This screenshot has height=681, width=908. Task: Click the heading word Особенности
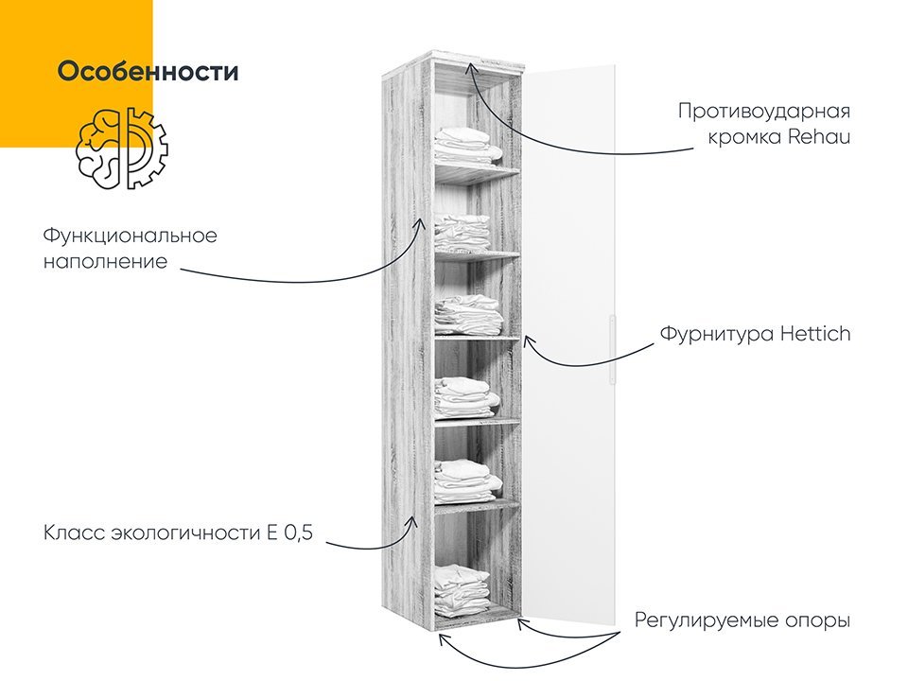pos(148,71)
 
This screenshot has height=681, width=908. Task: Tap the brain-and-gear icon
pos(122,148)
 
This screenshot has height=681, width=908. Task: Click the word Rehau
pos(819,136)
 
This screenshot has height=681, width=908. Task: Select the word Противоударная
pos(764,112)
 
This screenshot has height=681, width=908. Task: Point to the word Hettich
pos(815,334)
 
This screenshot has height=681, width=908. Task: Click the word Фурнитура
pos(717,335)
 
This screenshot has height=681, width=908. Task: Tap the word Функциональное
pos(131,236)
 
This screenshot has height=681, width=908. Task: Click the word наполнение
pos(105,262)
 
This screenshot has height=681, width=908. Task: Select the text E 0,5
pos(289,533)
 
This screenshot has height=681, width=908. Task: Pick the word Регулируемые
pos(707,620)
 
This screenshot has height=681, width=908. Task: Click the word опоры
pos(817,621)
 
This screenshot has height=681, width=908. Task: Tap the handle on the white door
pos(612,349)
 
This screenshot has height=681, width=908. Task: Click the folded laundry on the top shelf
pos(468,146)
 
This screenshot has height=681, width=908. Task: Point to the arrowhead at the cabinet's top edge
pos(471,68)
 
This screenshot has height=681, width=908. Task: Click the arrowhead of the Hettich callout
pos(527,341)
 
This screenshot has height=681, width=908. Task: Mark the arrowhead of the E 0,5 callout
pos(413,522)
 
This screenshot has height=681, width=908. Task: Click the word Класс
pos(74,533)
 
